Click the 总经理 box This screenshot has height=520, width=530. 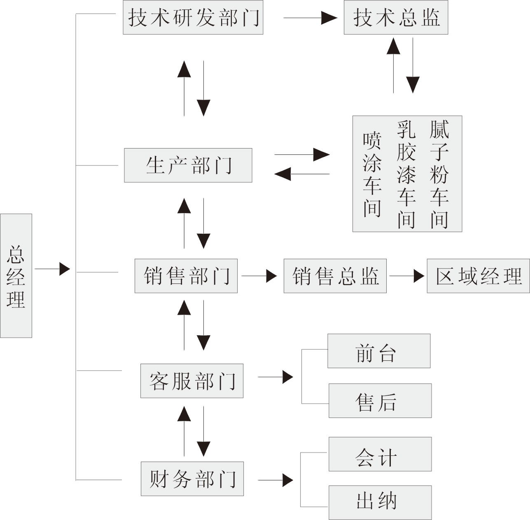point(16,276)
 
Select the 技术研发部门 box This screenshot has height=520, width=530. point(193,18)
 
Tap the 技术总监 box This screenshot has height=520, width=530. point(396,18)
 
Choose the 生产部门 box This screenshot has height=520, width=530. point(188,165)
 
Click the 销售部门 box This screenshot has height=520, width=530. point(186,276)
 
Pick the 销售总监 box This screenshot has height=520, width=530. point(335,276)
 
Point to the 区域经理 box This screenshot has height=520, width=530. point(478,276)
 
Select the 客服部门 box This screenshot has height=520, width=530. point(192,381)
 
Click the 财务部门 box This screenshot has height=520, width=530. point(192,479)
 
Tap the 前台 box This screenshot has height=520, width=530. point(379,351)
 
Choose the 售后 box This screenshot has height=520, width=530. point(380,401)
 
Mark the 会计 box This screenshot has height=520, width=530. point(380,454)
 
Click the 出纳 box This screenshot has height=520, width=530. point(380,502)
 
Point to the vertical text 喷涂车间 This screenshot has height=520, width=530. point(372,174)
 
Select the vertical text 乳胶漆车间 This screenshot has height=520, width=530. point(406,174)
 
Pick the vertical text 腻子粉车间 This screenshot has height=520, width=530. point(439,174)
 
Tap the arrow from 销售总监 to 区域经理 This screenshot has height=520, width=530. point(406,276)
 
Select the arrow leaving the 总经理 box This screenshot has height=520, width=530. point(52,269)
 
